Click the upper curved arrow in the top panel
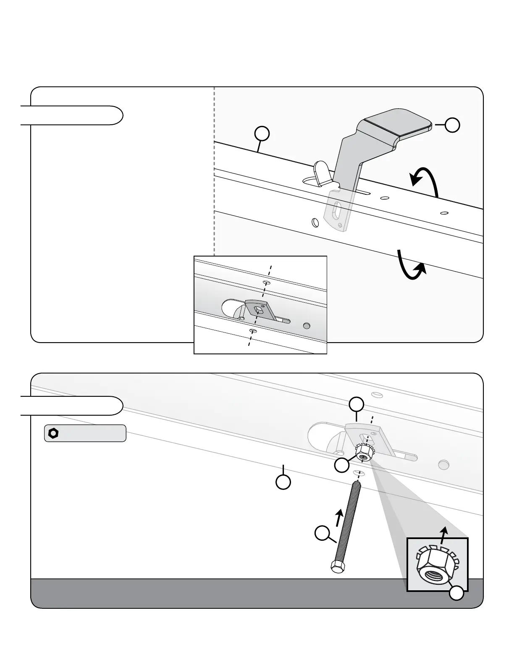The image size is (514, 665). point(425,180)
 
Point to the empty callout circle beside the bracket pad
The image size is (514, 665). point(452,125)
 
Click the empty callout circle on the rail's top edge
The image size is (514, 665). point(262,134)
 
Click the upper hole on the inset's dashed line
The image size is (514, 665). point(266,283)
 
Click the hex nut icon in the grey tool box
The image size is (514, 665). point(53,433)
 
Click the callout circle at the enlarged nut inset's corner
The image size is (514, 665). point(457,592)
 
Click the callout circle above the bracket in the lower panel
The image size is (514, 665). point(357,404)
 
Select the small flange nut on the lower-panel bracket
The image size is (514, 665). point(363,453)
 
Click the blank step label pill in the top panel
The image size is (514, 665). point(71,115)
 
